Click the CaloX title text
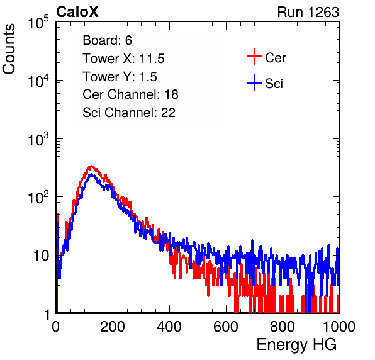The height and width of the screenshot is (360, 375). click(77, 12)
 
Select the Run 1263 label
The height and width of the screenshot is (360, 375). click(308, 12)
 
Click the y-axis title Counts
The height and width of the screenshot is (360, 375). click(9, 49)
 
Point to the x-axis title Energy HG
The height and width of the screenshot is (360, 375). click(296, 345)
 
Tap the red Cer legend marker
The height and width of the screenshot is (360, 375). click(254, 57)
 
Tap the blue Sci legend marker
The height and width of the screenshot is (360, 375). click(254, 83)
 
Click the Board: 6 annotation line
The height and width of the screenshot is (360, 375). click(107, 40)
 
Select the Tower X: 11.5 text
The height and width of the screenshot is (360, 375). click(123, 59)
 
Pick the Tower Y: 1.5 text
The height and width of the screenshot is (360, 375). click(120, 77)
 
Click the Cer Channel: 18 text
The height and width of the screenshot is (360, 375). click(130, 94)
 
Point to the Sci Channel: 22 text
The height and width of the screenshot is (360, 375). click(129, 113)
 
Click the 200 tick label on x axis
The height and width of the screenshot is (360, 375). click(113, 327)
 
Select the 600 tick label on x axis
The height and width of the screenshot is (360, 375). click(226, 327)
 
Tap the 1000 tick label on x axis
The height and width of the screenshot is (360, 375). click(339, 327)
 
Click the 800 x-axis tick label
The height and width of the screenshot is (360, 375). click(283, 327)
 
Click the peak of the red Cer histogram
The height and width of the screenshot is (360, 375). click(91, 166)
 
